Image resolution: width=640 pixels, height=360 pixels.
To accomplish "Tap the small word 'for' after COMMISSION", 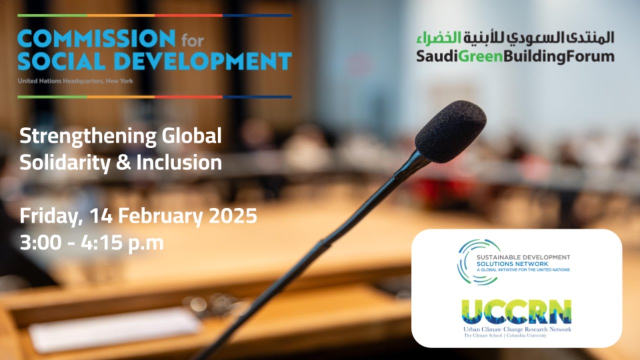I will pos(192,39).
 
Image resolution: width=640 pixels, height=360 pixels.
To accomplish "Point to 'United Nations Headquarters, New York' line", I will pos(75,80).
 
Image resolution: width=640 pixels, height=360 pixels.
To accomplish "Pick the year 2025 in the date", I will pos(233,216).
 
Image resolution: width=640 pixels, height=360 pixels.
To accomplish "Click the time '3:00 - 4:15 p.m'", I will pos(91,243).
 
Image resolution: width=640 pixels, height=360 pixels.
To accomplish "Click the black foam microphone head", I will pos(450,131).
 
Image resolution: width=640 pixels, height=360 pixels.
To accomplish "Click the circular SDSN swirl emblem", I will pos(475,262).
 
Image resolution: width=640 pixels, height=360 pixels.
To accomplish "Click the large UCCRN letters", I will pos(516,312).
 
